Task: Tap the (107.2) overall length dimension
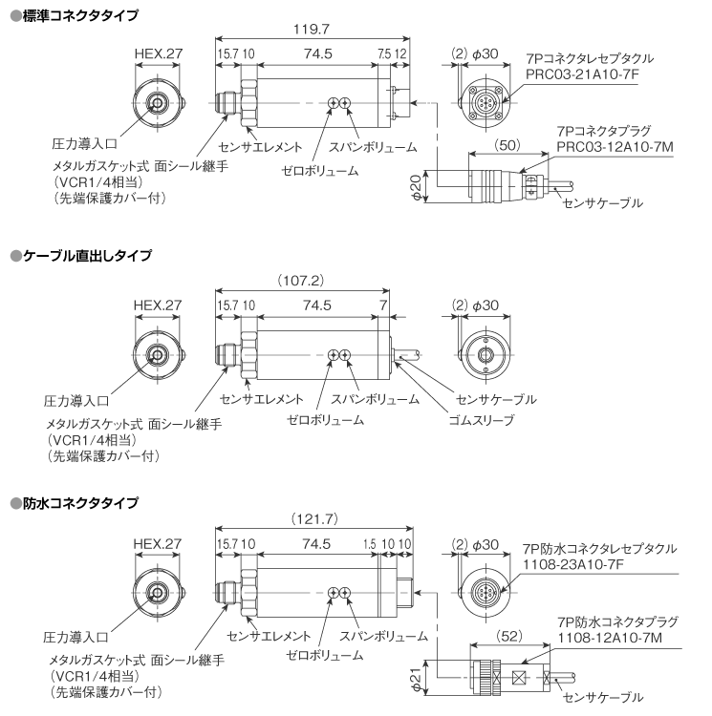click(x=303, y=282)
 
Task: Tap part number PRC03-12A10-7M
click(x=613, y=147)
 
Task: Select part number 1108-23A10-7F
click(x=575, y=564)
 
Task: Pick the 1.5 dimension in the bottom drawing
click(x=369, y=545)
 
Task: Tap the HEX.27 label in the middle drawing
click(x=158, y=305)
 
